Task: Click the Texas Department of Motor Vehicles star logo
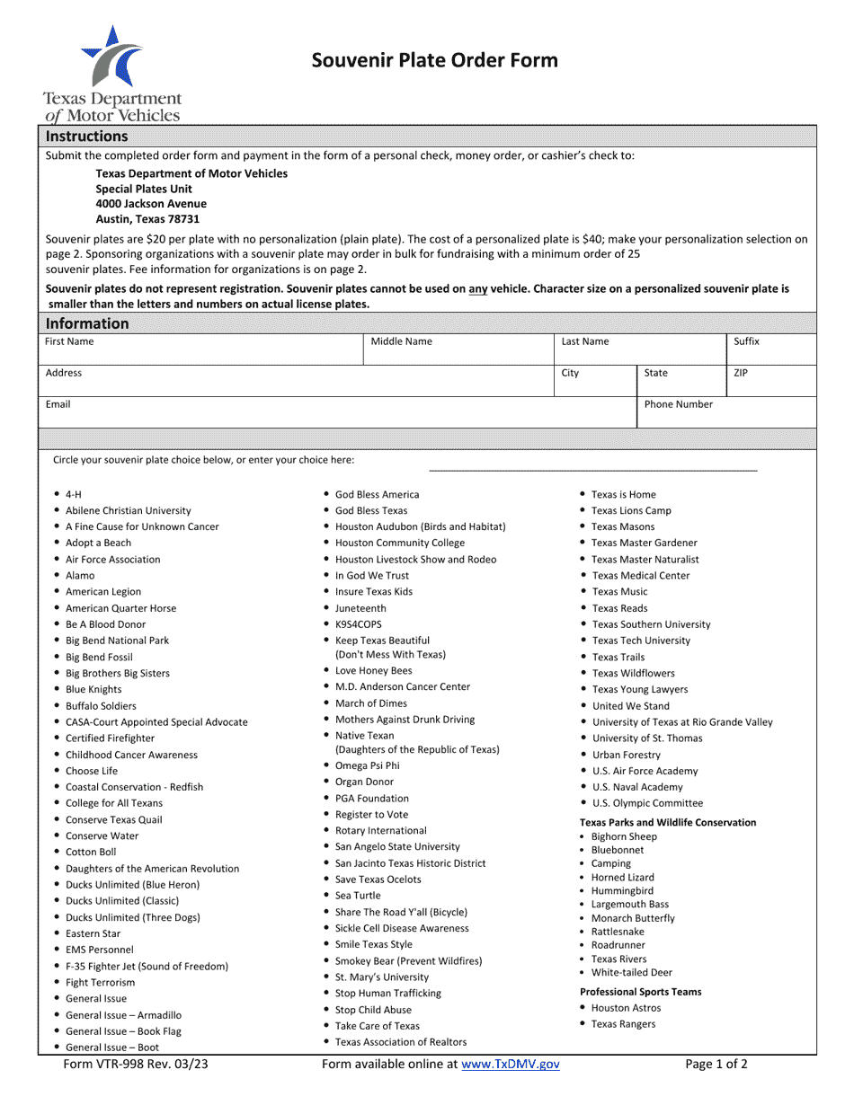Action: click(111, 57)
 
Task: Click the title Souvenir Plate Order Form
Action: click(434, 60)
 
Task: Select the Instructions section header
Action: click(87, 137)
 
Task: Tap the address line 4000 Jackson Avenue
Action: click(151, 203)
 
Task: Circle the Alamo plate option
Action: click(80, 576)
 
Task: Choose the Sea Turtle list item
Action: click(358, 896)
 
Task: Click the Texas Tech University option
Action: click(641, 641)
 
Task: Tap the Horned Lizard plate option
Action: click(622, 878)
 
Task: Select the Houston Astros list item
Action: click(626, 1008)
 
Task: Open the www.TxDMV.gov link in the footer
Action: click(510, 1065)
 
